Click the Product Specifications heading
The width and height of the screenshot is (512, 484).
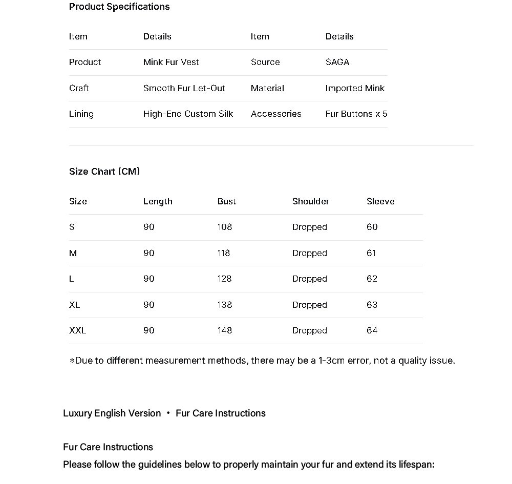pos(119,7)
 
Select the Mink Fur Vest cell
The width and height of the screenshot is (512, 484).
pos(171,62)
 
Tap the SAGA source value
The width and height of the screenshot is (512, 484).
pos(337,62)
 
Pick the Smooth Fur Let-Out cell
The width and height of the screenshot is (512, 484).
pos(184,88)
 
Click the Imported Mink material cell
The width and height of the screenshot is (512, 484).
pos(355,88)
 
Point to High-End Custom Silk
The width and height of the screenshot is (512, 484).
pos(188,114)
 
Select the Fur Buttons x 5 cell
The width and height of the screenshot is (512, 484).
pos(356,114)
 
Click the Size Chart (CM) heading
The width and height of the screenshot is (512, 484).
pos(104,172)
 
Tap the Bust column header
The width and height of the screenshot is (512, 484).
pos(226,201)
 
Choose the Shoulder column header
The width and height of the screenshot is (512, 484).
pos(311,201)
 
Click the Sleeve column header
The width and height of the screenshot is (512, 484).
pos(380,201)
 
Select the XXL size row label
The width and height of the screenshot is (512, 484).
pos(77,330)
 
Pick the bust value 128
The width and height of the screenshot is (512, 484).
pos(224,279)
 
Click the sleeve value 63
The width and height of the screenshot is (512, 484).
pos(372,305)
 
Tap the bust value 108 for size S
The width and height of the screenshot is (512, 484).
pos(224,227)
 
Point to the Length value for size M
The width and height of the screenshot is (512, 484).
pos(148,253)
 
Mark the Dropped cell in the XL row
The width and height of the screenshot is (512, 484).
pos(309,305)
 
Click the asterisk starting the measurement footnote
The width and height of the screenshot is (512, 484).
pos(72,361)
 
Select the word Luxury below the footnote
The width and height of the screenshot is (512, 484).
pos(77,413)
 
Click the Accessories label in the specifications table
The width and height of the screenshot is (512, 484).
pos(276,114)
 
